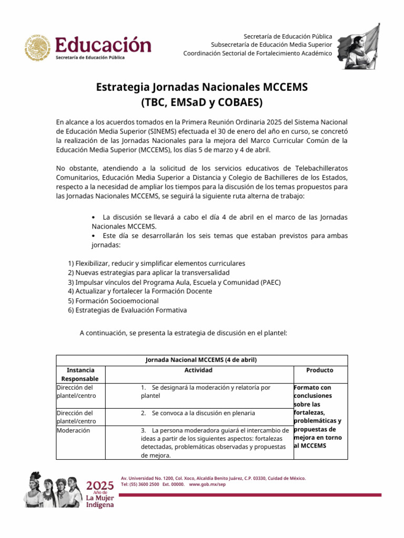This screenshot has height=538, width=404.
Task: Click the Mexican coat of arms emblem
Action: tap(37, 47)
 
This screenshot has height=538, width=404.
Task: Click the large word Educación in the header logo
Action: tap(103, 44)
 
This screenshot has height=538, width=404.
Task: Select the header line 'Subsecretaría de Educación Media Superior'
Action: tap(271, 45)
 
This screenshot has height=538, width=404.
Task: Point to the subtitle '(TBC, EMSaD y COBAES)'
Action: tap(201, 101)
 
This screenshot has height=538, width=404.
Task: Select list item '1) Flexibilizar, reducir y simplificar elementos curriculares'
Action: tap(157, 263)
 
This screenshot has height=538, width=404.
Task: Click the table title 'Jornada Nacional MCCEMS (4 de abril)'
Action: tap(201, 360)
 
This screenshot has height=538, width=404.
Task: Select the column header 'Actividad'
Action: tap(198, 370)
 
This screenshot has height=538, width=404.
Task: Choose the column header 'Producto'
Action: tap(320, 370)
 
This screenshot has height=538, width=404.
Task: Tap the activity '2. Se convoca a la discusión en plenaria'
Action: tap(198, 413)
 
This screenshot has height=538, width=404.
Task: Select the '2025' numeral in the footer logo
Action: tap(100, 484)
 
